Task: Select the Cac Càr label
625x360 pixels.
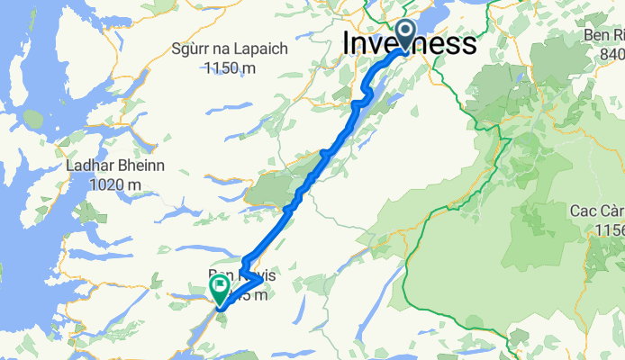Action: click(595, 211)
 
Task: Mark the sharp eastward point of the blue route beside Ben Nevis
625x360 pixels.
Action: click(262, 281)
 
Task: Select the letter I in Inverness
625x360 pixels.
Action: click(349, 43)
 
